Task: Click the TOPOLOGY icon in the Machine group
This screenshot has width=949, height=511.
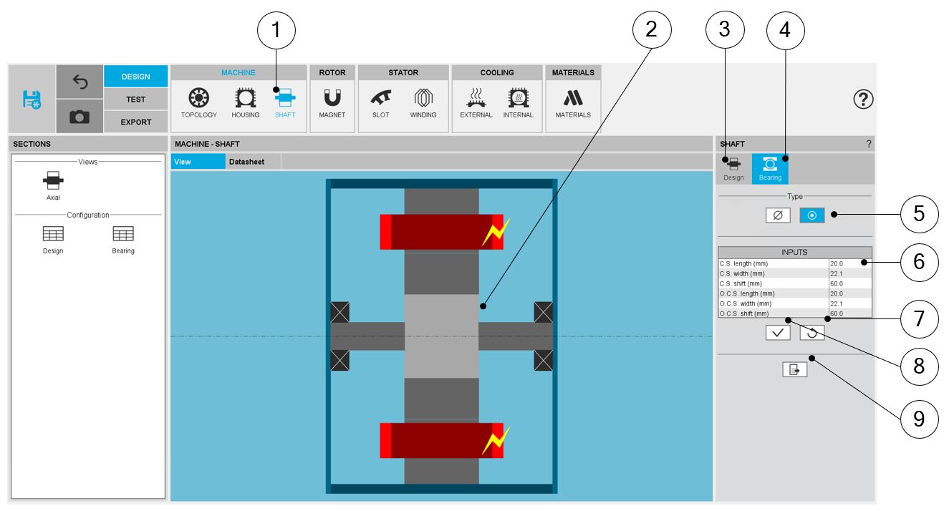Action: [x=198, y=98]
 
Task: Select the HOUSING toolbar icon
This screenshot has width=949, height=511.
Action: [x=245, y=98]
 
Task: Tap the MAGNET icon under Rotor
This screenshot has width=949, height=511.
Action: [x=332, y=98]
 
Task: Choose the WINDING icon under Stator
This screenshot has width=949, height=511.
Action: [x=423, y=98]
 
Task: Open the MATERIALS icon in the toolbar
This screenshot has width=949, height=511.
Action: [x=573, y=98]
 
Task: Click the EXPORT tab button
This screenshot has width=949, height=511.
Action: [x=135, y=122]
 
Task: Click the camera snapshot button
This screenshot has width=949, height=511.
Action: [x=80, y=117]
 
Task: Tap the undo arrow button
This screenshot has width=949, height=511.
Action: [x=80, y=82]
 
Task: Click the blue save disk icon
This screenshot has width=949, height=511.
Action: [x=32, y=99]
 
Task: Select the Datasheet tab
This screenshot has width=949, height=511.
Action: [x=246, y=162]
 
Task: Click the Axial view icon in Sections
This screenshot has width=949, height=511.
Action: [x=53, y=181]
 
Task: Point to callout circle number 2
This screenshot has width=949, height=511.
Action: [x=652, y=29]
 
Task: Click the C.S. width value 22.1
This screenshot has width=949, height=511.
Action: [x=837, y=273]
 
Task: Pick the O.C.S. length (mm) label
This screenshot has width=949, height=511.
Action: [x=747, y=293]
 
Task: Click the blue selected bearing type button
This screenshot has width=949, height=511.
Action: [x=811, y=215]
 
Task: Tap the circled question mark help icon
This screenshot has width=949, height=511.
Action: [x=863, y=99]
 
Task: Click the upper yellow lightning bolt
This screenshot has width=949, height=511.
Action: [x=496, y=232]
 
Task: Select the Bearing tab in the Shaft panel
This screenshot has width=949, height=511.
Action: [x=770, y=168]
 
